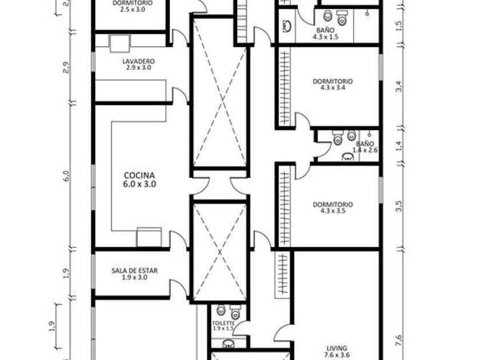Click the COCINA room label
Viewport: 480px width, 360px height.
[139, 179]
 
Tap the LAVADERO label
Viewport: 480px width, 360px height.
[138, 64]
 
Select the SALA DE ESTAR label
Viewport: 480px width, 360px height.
[134, 274]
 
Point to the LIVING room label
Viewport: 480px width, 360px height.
[337, 351]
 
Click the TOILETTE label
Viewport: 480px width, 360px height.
[223, 326]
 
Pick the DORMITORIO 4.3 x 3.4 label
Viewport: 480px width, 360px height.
[333, 85]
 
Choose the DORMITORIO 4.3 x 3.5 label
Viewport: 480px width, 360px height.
[333, 207]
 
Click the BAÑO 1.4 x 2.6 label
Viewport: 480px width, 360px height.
[365, 147]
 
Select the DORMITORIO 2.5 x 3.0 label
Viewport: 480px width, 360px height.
[133, 6]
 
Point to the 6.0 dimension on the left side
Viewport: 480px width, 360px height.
[67, 176]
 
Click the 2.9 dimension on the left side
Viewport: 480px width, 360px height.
[66, 67]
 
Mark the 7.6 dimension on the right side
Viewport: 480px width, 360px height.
[399, 341]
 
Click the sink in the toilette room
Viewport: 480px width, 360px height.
[228, 344]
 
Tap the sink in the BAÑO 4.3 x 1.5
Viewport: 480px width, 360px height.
[287, 26]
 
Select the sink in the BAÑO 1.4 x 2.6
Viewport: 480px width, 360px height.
[348, 157]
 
